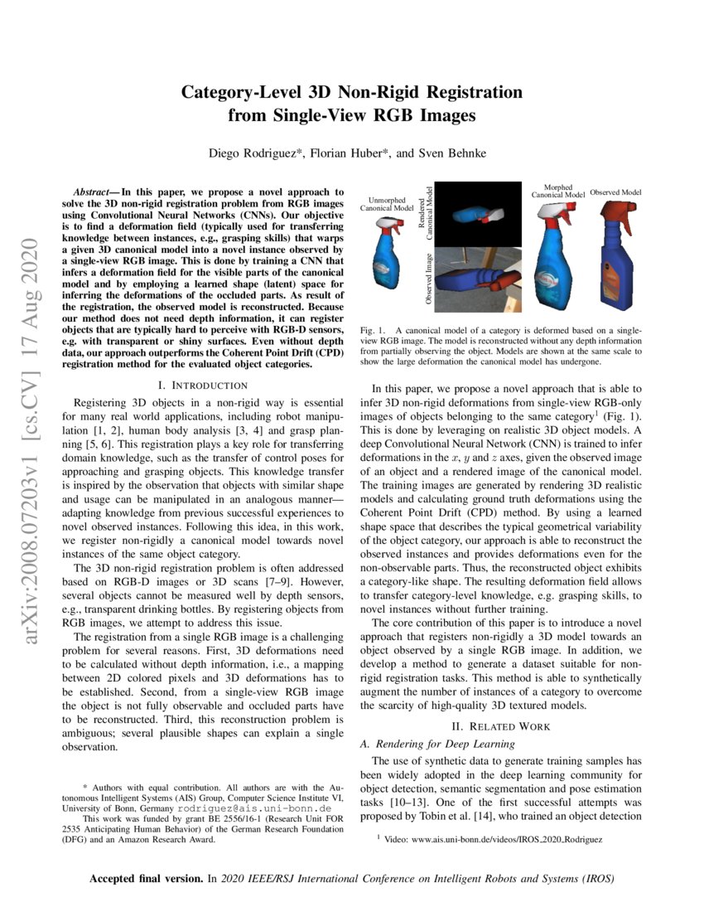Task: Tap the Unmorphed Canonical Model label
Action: click(x=386, y=204)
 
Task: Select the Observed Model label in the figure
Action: click(x=615, y=192)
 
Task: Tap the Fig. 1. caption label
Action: click(x=373, y=331)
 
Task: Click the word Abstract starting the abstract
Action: click(x=92, y=192)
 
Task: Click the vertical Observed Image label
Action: click(x=431, y=279)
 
